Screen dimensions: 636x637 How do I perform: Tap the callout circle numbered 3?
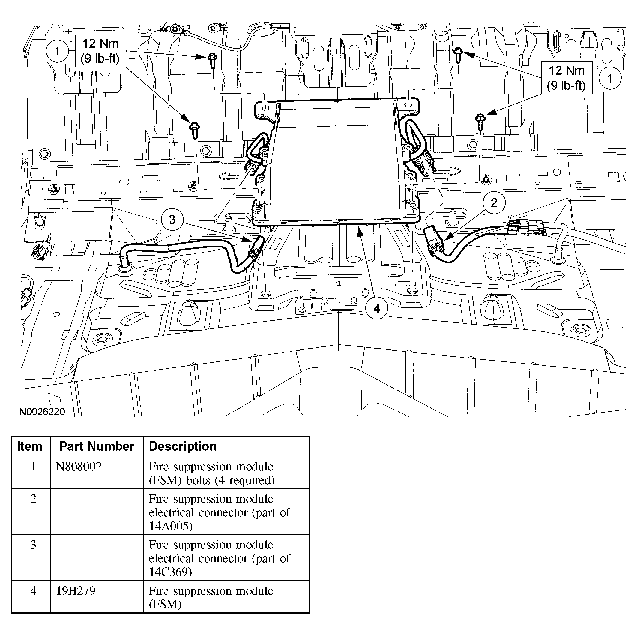(x=172, y=220)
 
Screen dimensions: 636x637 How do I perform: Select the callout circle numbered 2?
(x=494, y=202)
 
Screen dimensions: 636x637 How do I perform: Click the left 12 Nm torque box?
(x=100, y=51)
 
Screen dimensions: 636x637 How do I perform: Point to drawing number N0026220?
(x=42, y=412)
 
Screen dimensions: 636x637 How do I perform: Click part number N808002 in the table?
(x=79, y=466)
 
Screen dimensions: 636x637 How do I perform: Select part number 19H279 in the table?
(x=76, y=590)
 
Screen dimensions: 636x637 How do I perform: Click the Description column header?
(x=183, y=446)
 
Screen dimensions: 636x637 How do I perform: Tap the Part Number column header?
(x=97, y=446)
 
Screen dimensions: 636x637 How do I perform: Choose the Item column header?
(x=30, y=446)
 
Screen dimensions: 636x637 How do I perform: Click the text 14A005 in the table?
(x=170, y=526)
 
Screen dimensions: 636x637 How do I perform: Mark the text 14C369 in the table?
(x=170, y=572)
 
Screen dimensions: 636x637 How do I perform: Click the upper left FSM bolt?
(x=212, y=60)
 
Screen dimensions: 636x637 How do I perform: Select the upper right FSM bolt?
(x=458, y=54)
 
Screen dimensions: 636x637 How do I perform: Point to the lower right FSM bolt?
(x=480, y=120)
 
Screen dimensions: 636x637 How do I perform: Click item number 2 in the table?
(x=33, y=498)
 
